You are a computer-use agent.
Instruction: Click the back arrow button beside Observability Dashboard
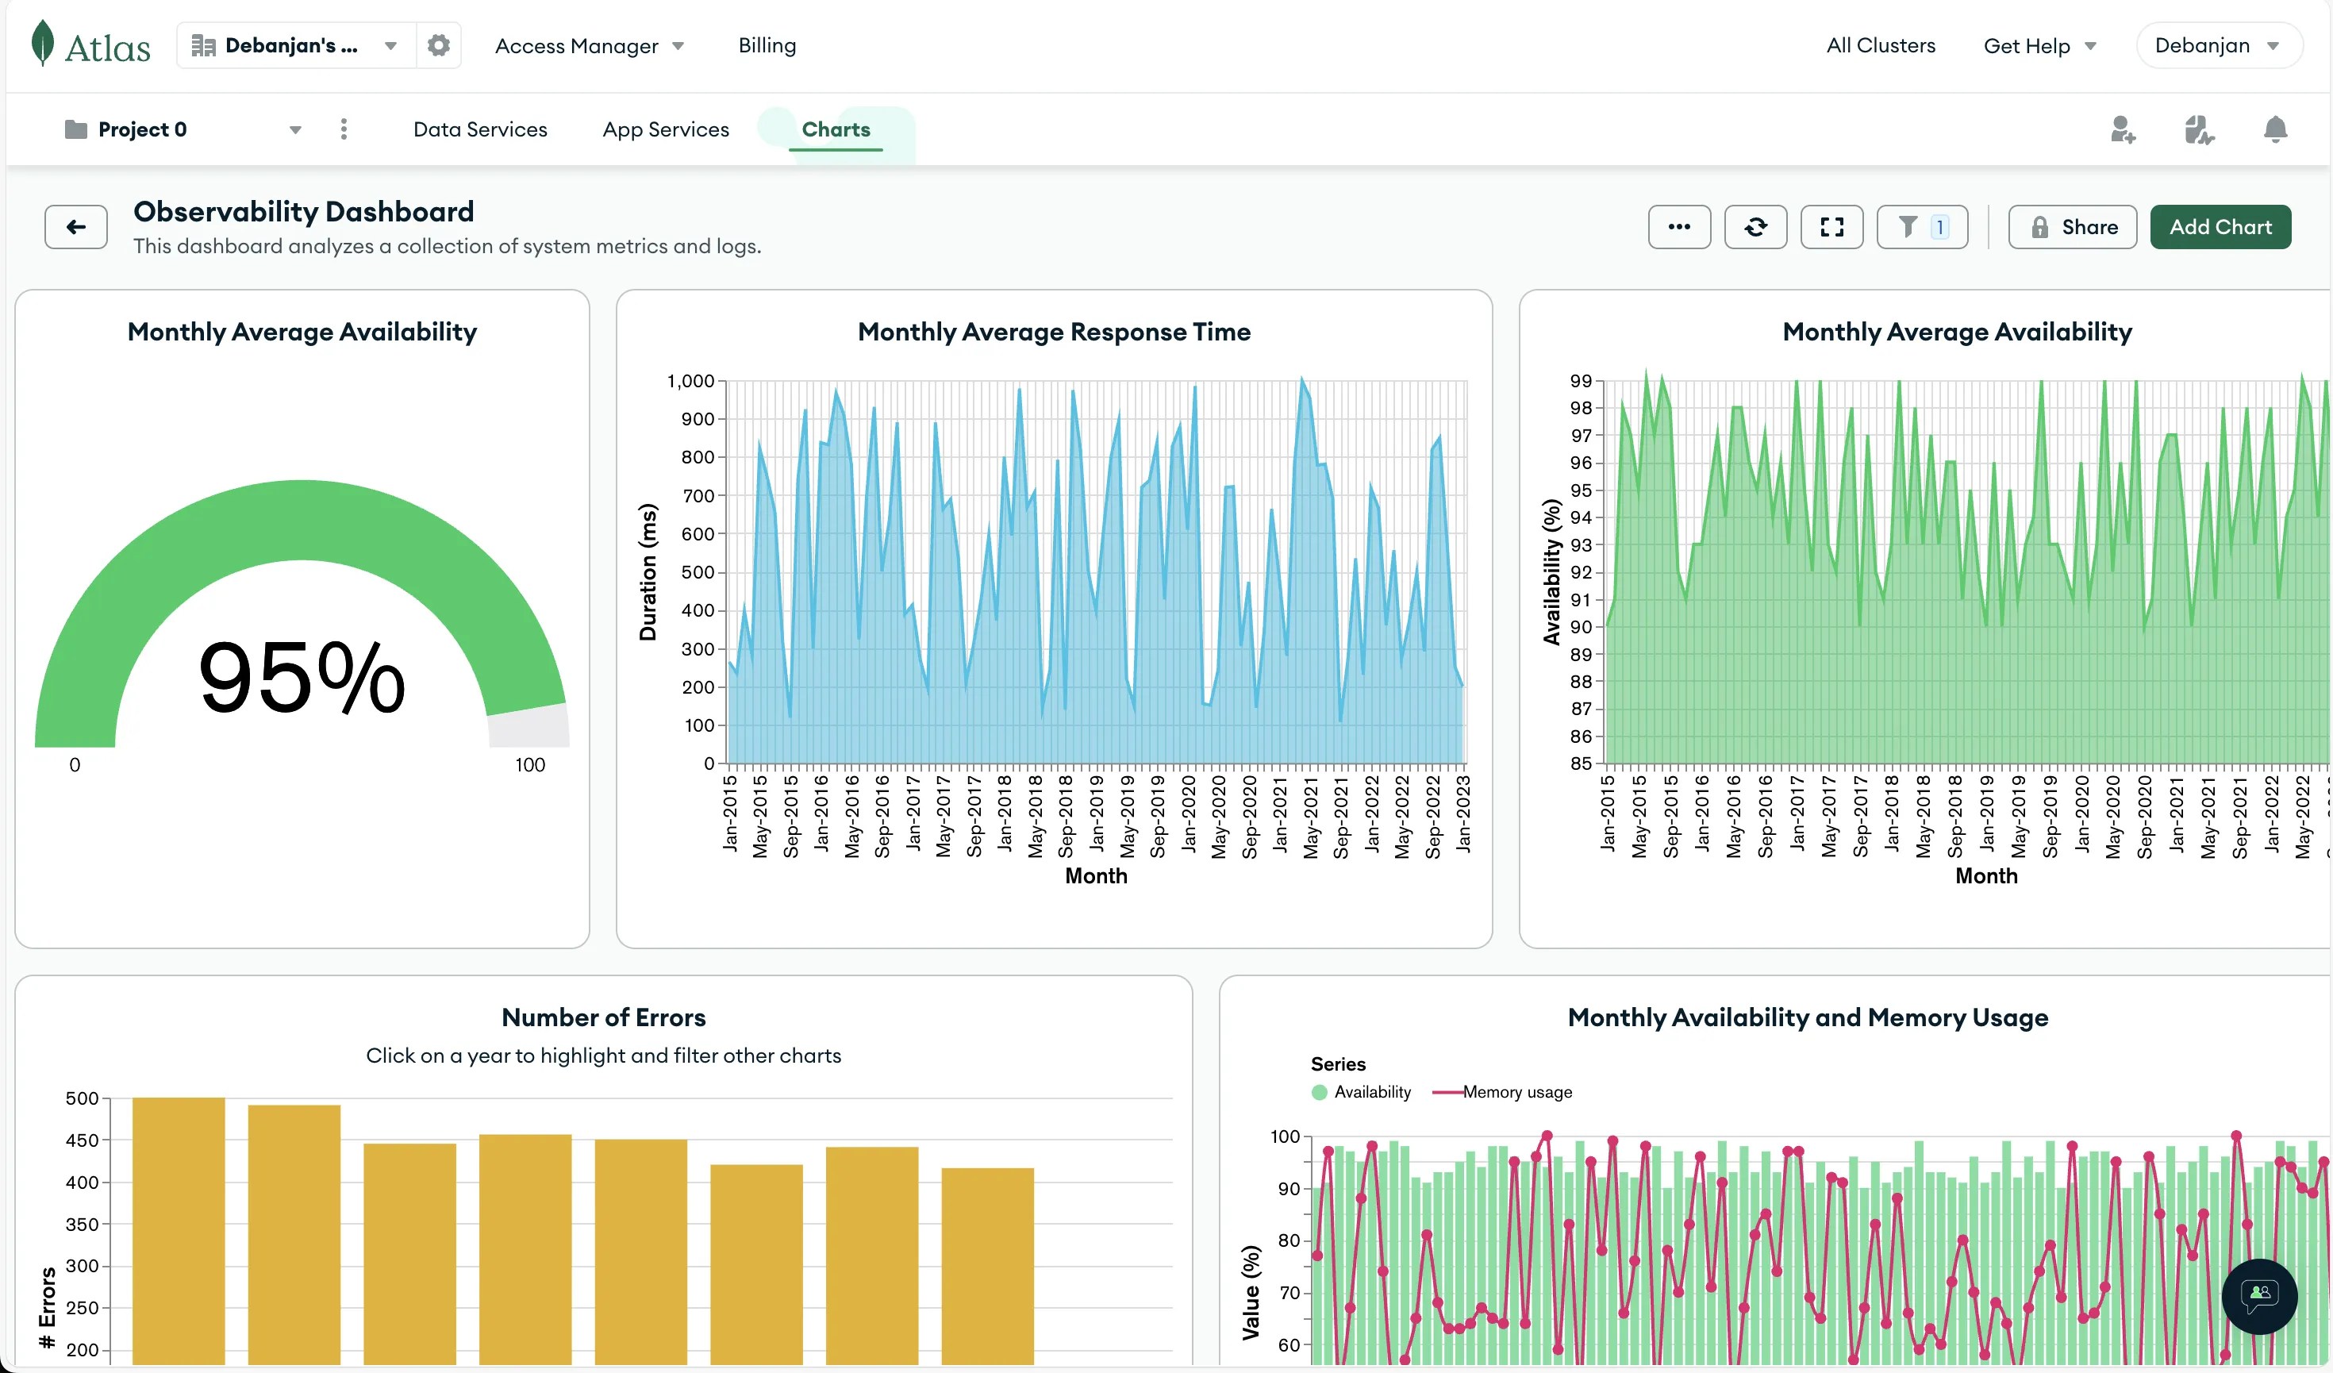tap(76, 227)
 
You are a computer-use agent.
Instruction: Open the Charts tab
tap(835, 129)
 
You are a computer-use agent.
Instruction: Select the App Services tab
tap(665, 129)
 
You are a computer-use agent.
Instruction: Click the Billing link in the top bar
tap(767, 45)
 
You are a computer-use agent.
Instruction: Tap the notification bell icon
tap(2273, 129)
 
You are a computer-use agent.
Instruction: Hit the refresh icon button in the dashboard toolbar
tap(1755, 227)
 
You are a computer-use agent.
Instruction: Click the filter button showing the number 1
tap(1921, 227)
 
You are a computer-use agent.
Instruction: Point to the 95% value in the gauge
tap(302, 678)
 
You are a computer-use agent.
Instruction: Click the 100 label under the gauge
tap(529, 765)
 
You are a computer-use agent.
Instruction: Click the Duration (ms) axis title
tap(648, 571)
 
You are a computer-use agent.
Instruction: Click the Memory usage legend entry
tap(1516, 1093)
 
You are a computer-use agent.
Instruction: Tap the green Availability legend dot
tap(1318, 1093)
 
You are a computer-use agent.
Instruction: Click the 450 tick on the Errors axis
tap(82, 1140)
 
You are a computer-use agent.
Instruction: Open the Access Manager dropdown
tap(589, 45)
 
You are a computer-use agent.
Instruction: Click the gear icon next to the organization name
tap(438, 45)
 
